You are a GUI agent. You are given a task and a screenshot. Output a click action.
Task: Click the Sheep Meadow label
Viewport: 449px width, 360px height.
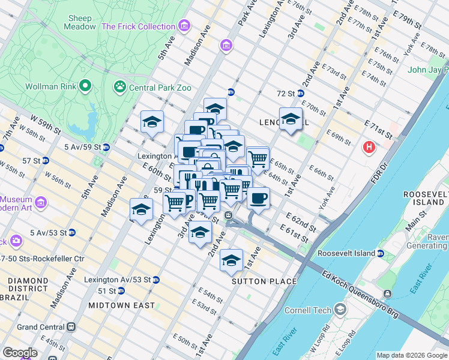[x=81, y=23]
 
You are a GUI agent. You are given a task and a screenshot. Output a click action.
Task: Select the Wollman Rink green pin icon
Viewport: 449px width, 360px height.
[x=86, y=86]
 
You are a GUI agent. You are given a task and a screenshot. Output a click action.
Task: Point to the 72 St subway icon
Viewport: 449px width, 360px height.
[x=300, y=94]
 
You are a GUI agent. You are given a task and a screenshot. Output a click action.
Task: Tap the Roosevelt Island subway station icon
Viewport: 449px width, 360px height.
[x=380, y=254]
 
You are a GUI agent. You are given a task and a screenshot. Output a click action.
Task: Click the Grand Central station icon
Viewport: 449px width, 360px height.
[x=71, y=327]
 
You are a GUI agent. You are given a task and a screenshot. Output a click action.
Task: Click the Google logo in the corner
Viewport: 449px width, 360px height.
[x=20, y=353]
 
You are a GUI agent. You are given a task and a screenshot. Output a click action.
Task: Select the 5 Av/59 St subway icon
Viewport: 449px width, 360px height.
[x=106, y=147]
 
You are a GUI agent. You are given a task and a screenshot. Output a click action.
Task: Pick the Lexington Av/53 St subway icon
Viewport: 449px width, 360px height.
[x=155, y=280]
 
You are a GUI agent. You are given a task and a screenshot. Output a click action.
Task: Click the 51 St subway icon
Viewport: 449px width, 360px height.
[x=121, y=291]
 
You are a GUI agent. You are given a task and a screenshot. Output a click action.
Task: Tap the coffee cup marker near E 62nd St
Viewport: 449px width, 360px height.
[x=258, y=199]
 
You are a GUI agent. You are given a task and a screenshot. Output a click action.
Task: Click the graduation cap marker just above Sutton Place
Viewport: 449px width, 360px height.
[x=231, y=260]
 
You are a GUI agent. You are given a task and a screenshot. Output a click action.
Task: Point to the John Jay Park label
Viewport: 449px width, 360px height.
[x=427, y=70]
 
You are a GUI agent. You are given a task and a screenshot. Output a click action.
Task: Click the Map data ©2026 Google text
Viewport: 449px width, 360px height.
[x=411, y=355]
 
